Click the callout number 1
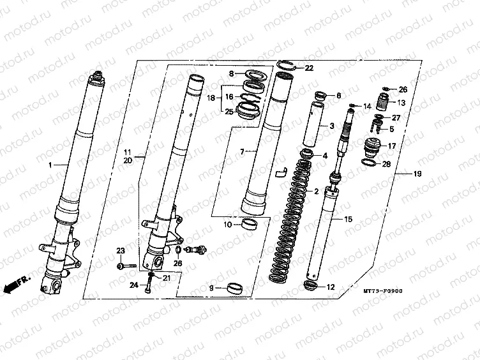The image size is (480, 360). point(50,165)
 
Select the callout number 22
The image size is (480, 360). point(309,68)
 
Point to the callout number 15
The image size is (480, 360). point(348,219)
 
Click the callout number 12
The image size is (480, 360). point(331,287)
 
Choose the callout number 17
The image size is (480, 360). point(393,146)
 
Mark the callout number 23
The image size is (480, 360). point(120,250)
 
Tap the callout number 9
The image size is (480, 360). point(211,289)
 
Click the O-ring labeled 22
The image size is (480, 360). point(287,64)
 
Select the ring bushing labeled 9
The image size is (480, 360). point(234,287)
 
